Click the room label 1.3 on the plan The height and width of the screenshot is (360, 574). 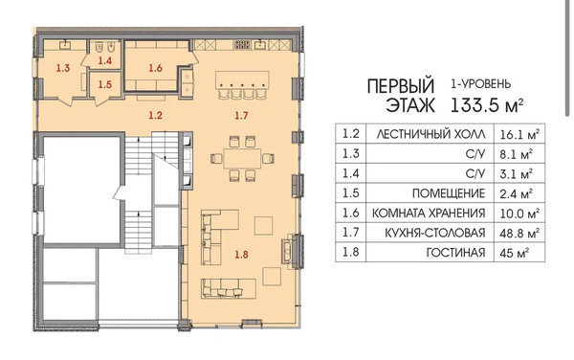click(x=63, y=68)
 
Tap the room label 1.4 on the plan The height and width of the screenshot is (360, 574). click(x=104, y=60)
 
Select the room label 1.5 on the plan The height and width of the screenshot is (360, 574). click(x=104, y=84)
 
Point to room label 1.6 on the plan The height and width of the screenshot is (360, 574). click(x=155, y=68)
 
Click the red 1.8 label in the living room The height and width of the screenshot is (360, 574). click(x=242, y=254)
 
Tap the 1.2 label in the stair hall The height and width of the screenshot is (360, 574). click(x=155, y=115)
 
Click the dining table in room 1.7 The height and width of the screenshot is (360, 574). click(x=242, y=159)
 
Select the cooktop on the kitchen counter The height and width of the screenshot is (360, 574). click(x=242, y=45)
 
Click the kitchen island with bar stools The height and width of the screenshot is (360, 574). click(x=242, y=79)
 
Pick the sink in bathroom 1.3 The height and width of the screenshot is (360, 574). click(x=66, y=44)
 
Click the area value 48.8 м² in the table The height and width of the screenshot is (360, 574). click(x=519, y=233)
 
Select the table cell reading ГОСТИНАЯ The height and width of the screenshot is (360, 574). click(x=455, y=253)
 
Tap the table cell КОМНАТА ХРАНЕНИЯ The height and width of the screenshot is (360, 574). click(x=429, y=213)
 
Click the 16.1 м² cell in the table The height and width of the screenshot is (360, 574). click(x=519, y=134)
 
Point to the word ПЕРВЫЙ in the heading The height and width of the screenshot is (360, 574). click(x=401, y=86)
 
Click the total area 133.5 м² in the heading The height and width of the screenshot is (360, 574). click(x=487, y=105)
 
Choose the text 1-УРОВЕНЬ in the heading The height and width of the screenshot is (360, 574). click(x=480, y=84)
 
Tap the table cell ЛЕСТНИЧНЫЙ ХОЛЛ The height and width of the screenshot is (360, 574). click(x=430, y=134)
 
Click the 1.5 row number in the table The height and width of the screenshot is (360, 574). click(x=350, y=193)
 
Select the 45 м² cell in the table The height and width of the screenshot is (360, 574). click(x=514, y=253)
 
